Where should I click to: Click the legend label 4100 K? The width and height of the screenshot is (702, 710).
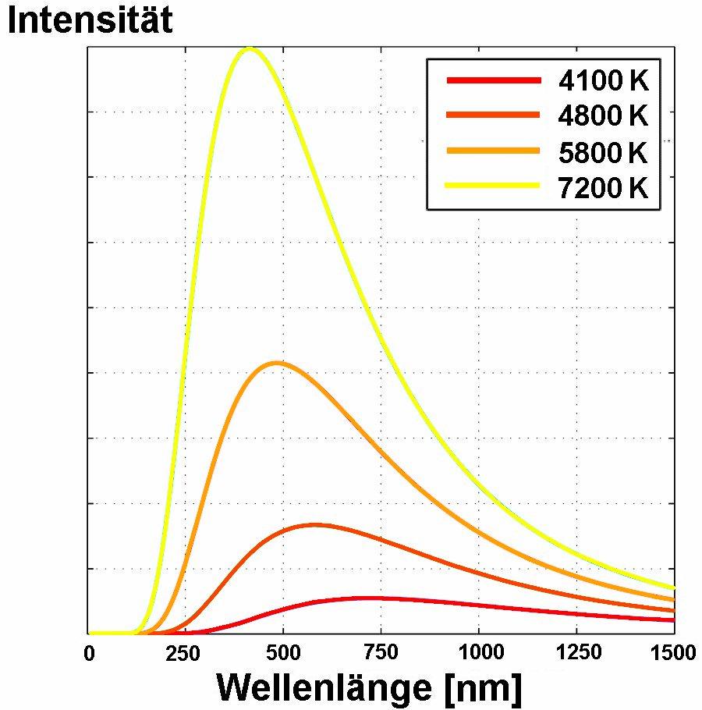point(603,80)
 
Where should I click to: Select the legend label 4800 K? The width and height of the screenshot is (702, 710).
point(603,116)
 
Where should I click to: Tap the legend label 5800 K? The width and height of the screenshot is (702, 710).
point(603,153)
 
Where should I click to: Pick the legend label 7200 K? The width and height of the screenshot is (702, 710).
point(603,188)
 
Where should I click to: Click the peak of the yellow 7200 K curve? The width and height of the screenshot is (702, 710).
point(250,49)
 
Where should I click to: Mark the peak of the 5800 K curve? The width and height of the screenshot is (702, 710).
point(275,363)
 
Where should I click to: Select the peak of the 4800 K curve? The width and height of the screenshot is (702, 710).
point(314,524)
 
